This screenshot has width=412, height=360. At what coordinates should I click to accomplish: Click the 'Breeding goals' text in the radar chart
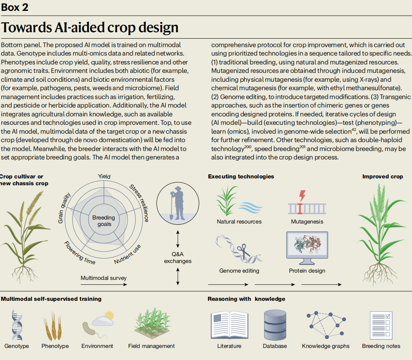(104, 221)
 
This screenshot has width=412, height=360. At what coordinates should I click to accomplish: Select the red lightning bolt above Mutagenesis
(302, 196)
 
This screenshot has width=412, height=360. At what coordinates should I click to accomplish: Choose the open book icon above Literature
(229, 325)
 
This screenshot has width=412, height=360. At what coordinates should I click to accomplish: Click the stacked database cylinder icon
(275, 325)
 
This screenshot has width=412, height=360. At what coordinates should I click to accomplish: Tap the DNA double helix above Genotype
(17, 325)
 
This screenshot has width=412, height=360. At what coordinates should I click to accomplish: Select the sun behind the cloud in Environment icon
(109, 315)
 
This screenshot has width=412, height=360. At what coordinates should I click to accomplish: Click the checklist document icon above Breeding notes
(381, 325)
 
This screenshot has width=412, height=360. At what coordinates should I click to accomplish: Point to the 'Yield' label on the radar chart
(104, 176)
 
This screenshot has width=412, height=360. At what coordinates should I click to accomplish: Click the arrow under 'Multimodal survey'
(104, 284)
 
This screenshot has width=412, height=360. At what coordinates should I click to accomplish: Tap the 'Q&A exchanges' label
(178, 257)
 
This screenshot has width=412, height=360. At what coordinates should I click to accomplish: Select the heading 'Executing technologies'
(241, 176)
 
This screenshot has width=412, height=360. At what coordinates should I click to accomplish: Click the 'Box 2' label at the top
(15, 7)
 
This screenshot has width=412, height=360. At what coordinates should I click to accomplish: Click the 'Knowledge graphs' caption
(326, 346)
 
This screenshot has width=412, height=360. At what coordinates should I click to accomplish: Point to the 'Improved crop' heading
(383, 176)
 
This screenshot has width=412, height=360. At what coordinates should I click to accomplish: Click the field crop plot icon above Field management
(152, 323)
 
